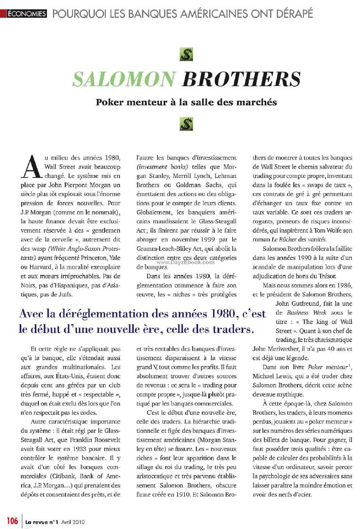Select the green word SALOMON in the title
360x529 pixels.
tap(124, 79)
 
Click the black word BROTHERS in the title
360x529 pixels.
tap(241, 79)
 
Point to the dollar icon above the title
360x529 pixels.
tap(186, 55)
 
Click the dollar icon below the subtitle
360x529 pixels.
tap(186, 124)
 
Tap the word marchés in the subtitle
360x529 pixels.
tap(258, 102)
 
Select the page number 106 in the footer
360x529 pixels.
tap(12, 521)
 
